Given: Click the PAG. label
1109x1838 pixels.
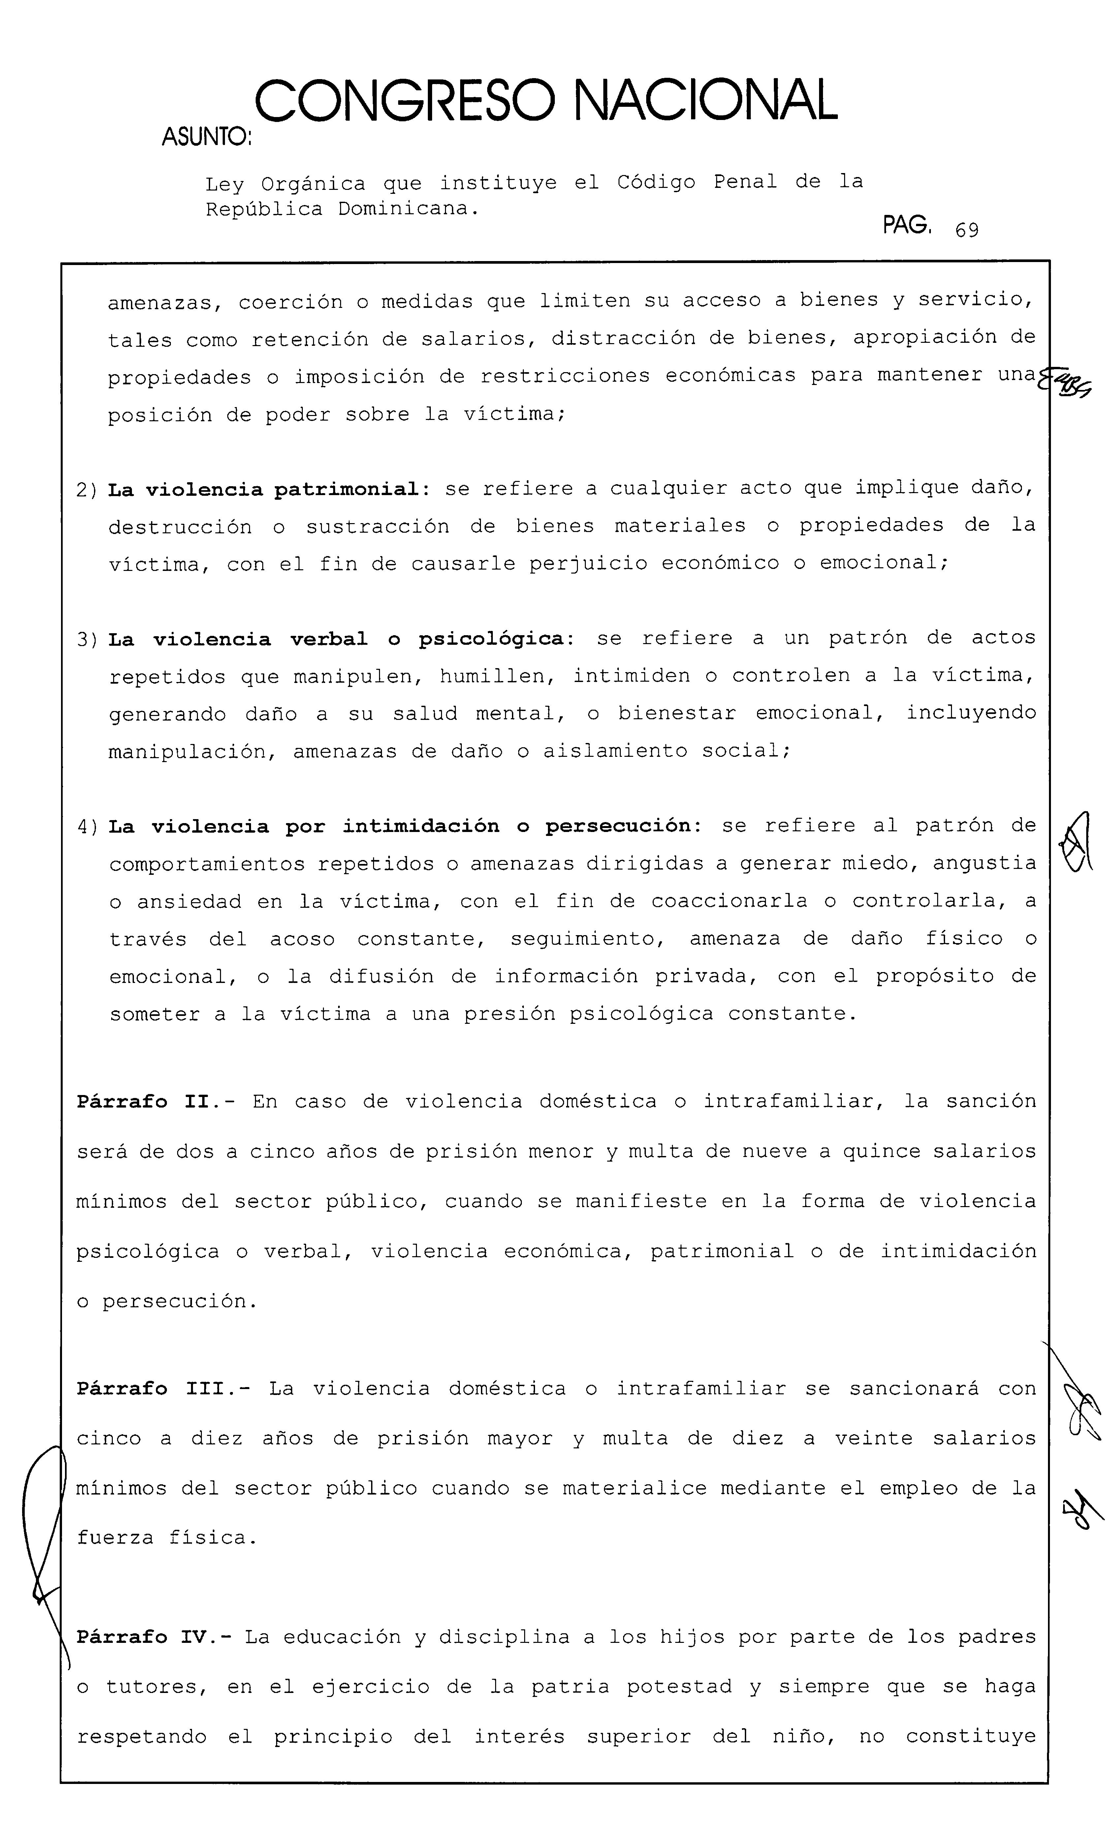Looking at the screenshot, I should [907, 225].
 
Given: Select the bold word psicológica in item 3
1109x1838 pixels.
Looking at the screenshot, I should [490, 639].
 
